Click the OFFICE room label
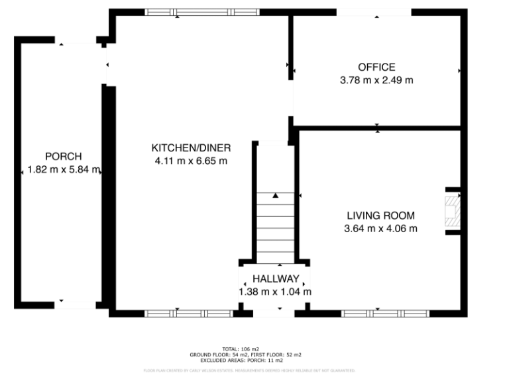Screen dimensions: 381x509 376,67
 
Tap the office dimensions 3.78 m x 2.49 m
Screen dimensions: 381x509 376,80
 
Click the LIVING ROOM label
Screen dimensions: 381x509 380,215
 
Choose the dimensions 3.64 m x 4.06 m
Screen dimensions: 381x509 380,229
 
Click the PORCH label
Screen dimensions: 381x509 63,156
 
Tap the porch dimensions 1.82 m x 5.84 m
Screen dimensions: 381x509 64,170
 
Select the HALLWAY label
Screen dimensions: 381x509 275,278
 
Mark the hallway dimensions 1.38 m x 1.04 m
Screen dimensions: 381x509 275,292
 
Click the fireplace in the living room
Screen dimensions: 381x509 452,210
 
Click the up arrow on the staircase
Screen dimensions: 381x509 275,195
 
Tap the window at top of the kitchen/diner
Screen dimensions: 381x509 202,12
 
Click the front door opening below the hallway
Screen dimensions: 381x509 271,313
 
